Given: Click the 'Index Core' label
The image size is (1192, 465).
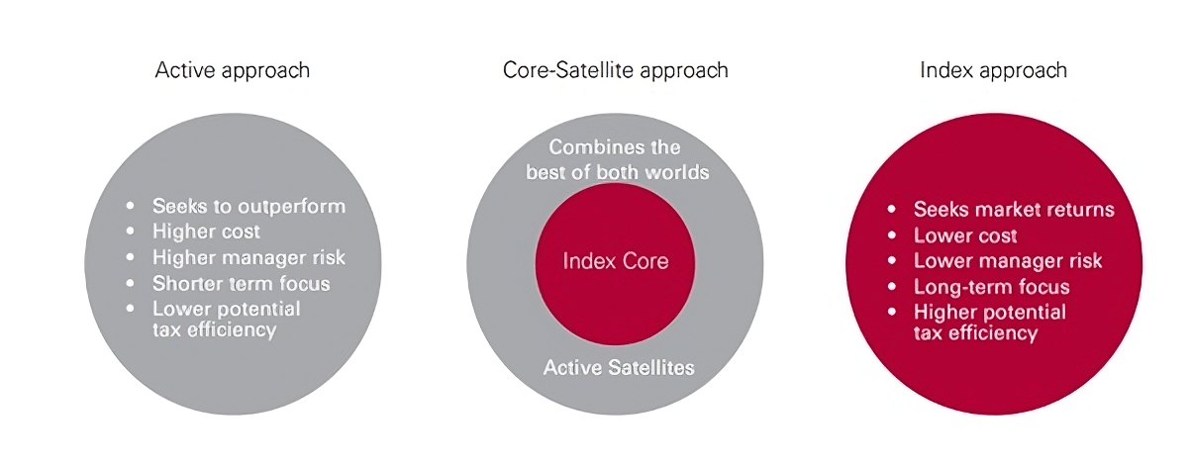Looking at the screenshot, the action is coord(615,261).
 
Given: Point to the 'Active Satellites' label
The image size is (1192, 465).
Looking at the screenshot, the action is coord(619,368).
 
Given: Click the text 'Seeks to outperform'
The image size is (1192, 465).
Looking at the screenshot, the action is coord(249,207).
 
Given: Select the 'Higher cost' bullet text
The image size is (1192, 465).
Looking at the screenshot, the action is coord(206,232).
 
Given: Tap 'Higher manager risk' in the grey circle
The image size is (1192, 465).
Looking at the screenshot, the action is coord(249,257).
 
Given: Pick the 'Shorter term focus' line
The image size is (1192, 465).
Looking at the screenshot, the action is coord(241,284).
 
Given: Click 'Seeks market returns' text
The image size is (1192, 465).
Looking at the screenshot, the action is coord(1014,210).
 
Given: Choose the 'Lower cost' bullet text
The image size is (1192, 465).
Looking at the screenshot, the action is coord(965,235).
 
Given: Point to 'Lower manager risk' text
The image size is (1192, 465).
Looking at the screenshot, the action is coord(1008,261).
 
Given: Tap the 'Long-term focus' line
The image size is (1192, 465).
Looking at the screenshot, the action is coord(991,287).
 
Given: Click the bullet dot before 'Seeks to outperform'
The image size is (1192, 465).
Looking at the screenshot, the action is coord(131,206).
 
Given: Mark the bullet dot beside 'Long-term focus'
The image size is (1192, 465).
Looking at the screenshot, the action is coord(892,287).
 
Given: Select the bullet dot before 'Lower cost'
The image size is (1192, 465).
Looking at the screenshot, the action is coord(892,235).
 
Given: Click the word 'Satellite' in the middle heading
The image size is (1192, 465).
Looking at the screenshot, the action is coord(594,70).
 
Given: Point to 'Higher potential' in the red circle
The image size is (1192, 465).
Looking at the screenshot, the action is coord(990,312).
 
